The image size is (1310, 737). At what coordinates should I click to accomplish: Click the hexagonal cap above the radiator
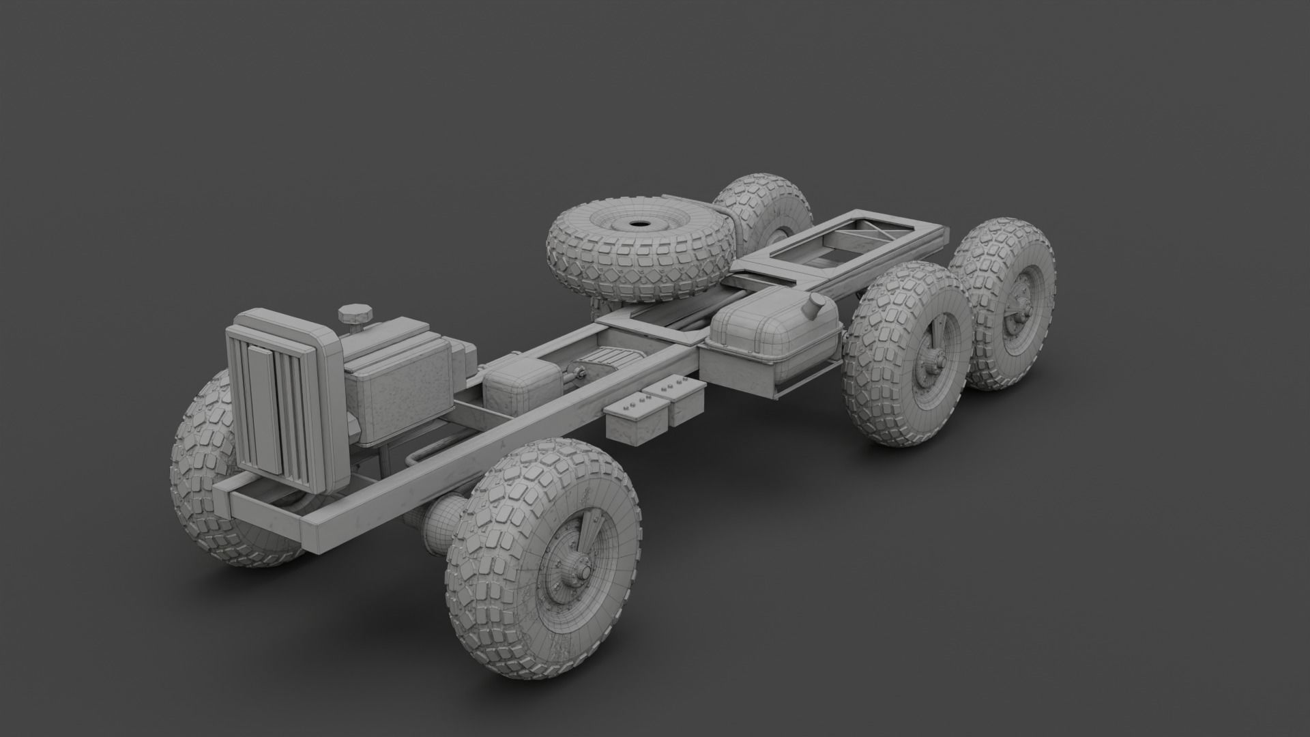[x=354, y=315]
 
